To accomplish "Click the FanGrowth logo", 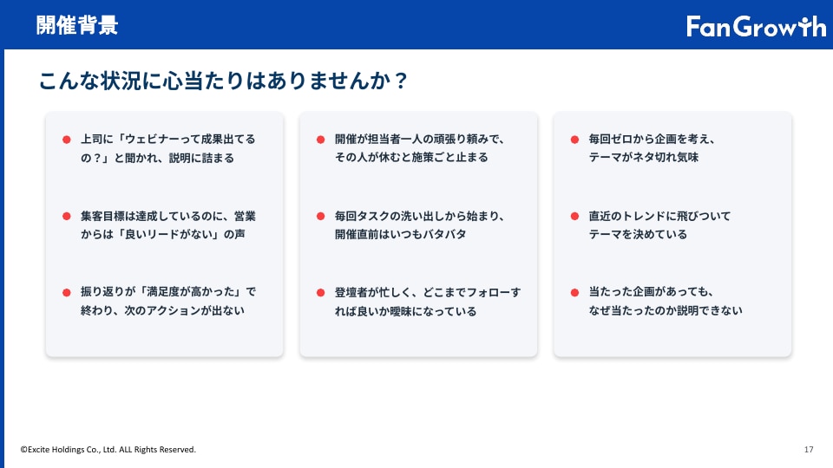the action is pyautogui.click(x=756, y=26).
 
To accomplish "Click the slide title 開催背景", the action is pyautogui.click(x=77, y=25).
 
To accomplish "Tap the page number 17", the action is pyautogui.click(x=809, y=450).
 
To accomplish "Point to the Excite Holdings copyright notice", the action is pyautogui.click(x=108, y=450).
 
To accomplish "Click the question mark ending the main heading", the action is pyautogui.click(x=401, y=81).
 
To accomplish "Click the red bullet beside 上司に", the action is pyautogui.click(x=67, y=140).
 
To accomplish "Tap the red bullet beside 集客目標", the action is pyautogui.click(x=67, y=216).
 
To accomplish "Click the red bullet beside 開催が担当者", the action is pyautogui.click(x=320, y=140).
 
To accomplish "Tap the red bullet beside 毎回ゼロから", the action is pyautogui.click(x=574, y=140).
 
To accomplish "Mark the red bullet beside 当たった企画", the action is pyautogui.click(x=574, y=292).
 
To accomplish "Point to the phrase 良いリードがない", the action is pyautogui.click(x=168, y=234).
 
